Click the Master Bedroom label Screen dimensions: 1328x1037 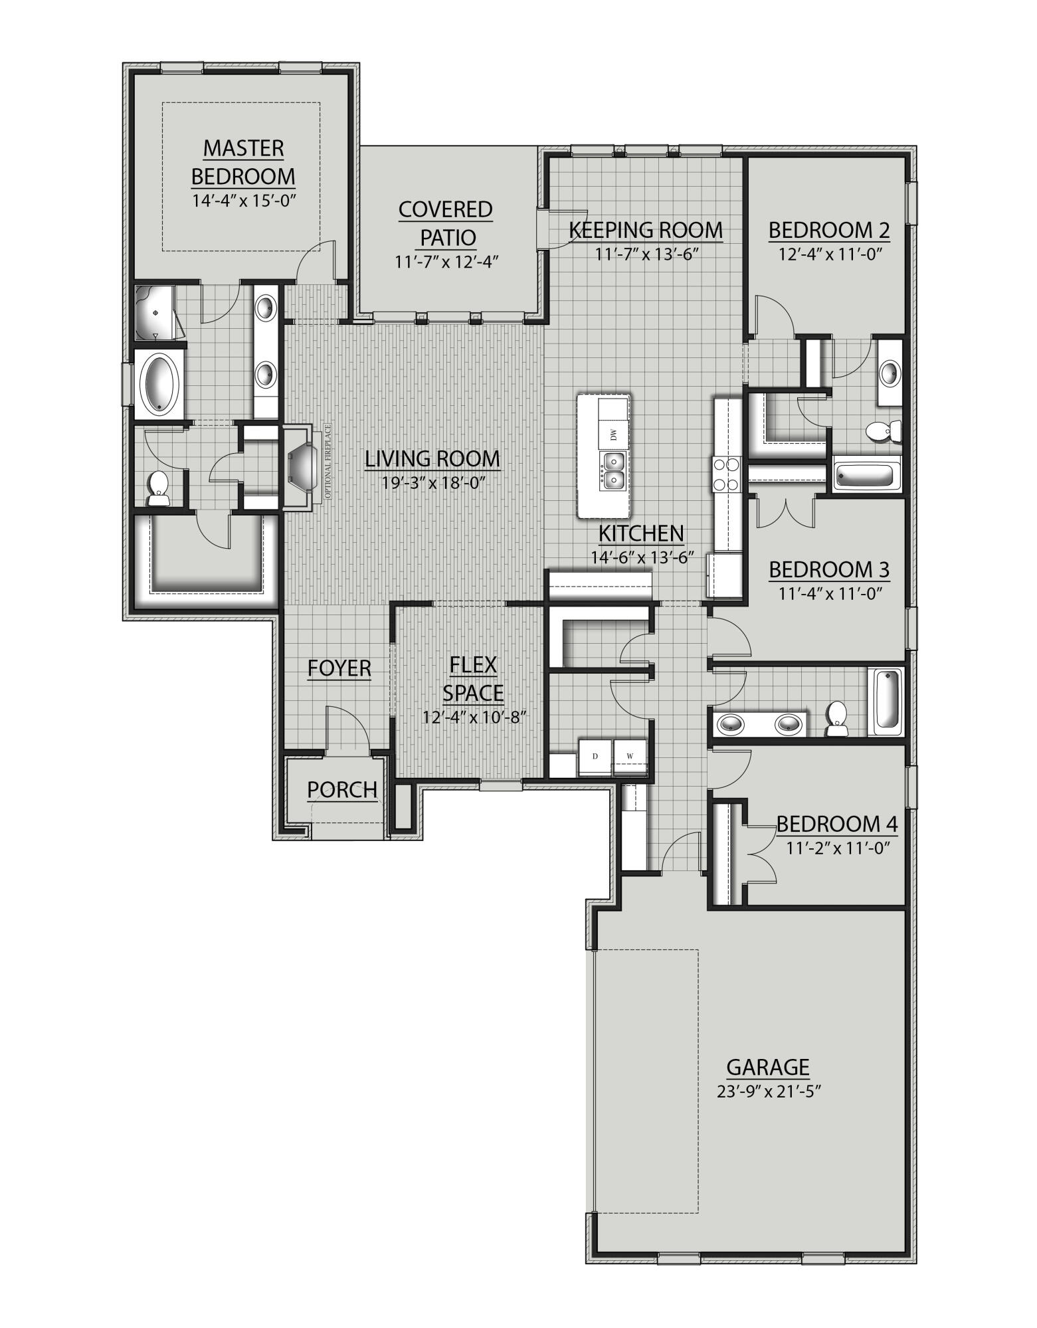click(243, 162)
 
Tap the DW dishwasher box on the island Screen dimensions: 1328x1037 click(613, 435)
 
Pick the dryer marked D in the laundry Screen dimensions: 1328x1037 click(595, 757)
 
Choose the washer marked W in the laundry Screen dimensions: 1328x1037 click(630, 757)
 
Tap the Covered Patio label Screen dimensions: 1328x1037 click(446, 223)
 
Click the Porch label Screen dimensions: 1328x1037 click(341, 789)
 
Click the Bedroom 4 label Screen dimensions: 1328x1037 click(836, 824)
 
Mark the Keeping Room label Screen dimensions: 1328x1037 click(645, 230)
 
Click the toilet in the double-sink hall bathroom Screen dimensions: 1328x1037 click(837, 719)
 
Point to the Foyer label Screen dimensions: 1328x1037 click(339, 668)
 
